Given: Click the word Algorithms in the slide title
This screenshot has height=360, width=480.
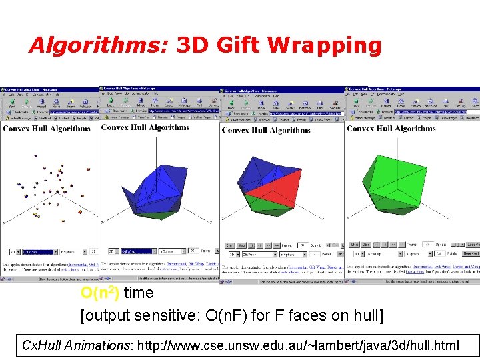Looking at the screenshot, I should click(99, 45).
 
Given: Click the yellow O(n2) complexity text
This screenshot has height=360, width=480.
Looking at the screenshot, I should click(99, 293).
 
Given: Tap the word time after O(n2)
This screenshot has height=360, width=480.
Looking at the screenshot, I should click(139, 293).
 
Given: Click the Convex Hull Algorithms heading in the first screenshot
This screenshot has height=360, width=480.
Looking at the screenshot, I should click(47, 129).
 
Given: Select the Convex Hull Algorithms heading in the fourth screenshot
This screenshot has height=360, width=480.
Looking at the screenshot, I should click(391, 129).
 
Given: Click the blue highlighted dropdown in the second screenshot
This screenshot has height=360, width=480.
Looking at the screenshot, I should click(138, 251).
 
